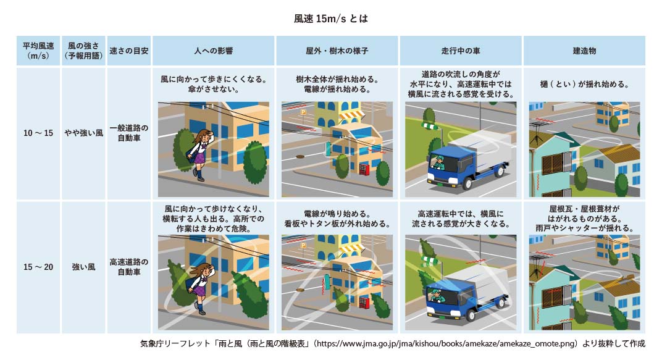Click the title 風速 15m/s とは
coord(331,19)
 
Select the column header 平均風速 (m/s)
coord(38,51)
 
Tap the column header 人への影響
coord(213,51)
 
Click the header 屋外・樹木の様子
coord(337,51)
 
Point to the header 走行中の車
coord(461,51)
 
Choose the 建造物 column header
coord(584,51)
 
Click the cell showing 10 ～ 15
coord(38,133)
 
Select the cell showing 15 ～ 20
coord(38,267)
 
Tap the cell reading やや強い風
coord(83,133)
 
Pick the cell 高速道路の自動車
coord(129,267)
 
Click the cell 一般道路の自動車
coord(129,133)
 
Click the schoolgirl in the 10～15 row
coord(201,154)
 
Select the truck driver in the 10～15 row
coord(438,162)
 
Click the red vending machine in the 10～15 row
coord(364,170)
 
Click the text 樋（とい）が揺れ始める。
coord(584,84)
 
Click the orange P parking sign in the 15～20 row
coord(303,245)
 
